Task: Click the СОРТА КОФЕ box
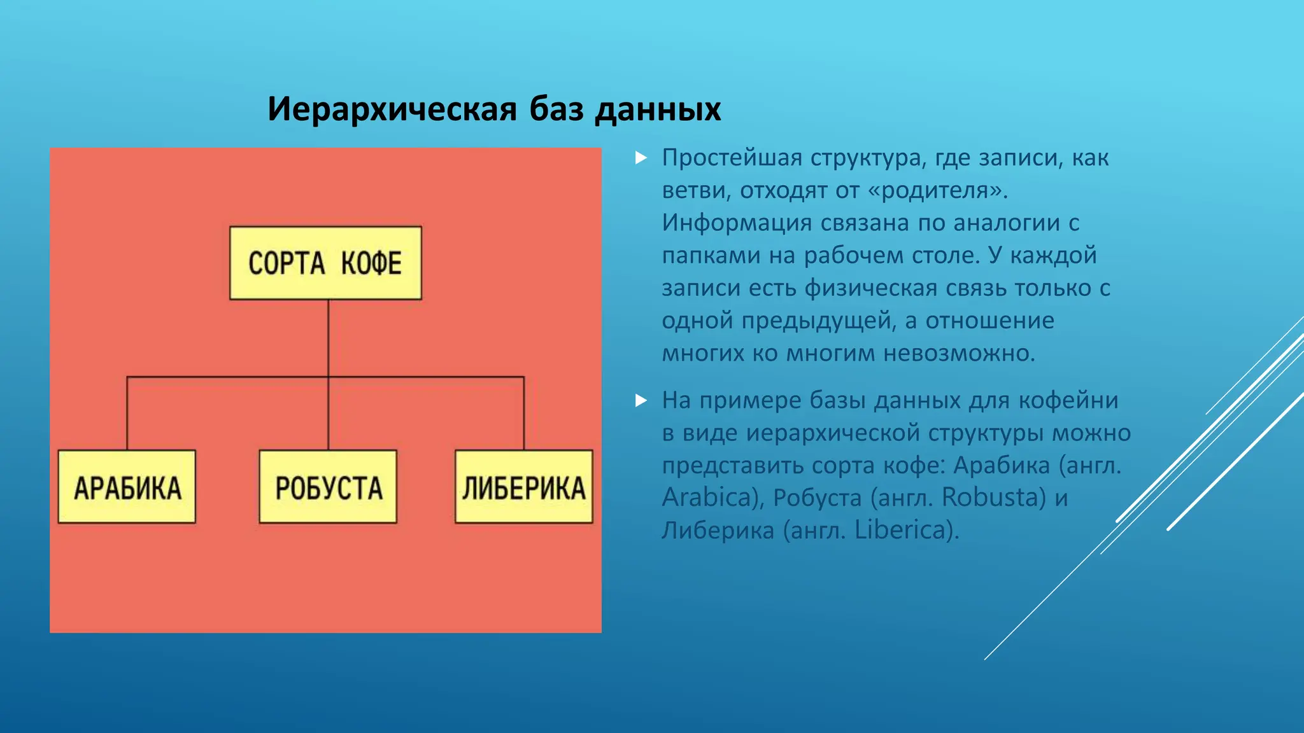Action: [325, 263]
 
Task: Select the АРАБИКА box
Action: [127, 487]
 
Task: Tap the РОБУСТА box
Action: [328, 487]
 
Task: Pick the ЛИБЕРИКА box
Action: [523, 487]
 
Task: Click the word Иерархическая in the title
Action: [392, 109]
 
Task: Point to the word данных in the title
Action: [658, 109]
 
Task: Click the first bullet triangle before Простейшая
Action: [641, 158]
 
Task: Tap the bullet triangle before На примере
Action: [641, 400]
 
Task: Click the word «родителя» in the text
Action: [940, 190]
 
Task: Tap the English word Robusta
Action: [993, 498]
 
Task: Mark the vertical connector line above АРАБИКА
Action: [127, 414]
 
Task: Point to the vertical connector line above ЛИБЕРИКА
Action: [524, 414]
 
